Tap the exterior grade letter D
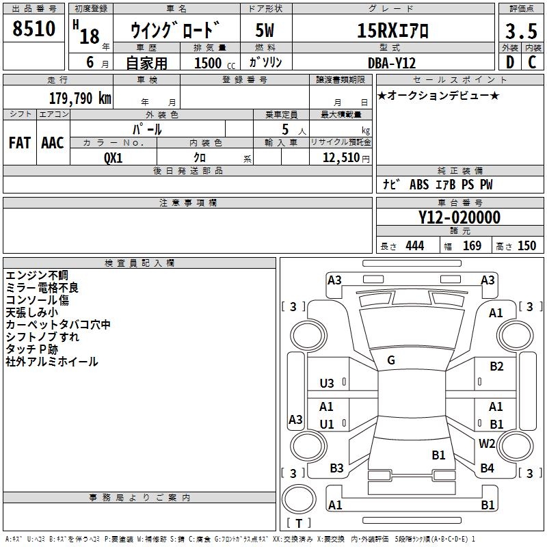pyautogui.click(x=509, y=62)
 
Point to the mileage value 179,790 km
pyautogui.click(x=80, y=98)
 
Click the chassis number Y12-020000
pyautogui.click(x=459, y=218)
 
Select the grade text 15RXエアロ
pyautogui.click(x=393, y=31)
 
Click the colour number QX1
pyautogui.click(x=114, y=157)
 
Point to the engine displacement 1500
pyautogui.click(x=209, y=63)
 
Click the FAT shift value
pyautogui.click(x=19, y=143)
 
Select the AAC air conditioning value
pyautogui.click(x=52, y=143)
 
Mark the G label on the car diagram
pyautogui.click(x=391, y=360)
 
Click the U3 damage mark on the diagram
pyautogui.click(x=327, y=384)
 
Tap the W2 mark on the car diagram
pyautogui.click(x=487, y=443)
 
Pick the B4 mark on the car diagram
pyautogui.click(x=487, y=468)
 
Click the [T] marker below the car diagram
pyautogui.click(x=298, y=523)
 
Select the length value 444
pyautogui.click(x=414, y=246)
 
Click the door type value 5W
pyautogui.click(x=265, y=31)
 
